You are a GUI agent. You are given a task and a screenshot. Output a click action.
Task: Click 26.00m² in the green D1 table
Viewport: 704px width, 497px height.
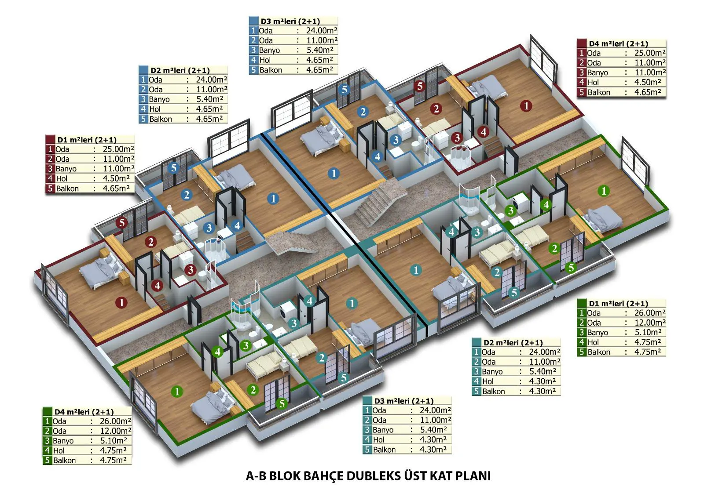click(x=650, y=313)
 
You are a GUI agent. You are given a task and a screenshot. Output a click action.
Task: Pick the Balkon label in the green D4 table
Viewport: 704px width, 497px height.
click(x=64, y=461)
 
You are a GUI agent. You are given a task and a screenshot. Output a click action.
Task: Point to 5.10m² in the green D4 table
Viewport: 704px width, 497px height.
click(x=114, y=441)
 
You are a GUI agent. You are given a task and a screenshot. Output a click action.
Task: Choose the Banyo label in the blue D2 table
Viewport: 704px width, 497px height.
click(x=159, y=99)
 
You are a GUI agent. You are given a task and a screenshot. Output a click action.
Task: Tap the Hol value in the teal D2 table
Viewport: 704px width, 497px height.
click(x=543, y=381)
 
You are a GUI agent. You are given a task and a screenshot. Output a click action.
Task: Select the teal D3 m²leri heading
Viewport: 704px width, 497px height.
click(x=404, y=401)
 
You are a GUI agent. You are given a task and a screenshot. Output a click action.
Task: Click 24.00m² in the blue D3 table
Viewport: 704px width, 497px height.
click(x=322, y=31)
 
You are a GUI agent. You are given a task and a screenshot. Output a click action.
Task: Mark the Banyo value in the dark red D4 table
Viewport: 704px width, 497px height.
click(x=650, y=73)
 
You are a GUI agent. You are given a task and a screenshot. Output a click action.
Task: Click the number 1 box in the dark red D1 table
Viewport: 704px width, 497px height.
click(x=50, y=149)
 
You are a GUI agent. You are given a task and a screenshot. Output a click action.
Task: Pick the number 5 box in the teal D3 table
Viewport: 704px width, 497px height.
click(x=367, y=450)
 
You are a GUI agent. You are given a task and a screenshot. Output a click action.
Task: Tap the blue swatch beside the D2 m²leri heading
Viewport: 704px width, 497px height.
click(x=143, y=70)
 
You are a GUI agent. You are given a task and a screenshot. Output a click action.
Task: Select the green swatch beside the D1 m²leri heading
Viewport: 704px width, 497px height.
click(x=582, y=303)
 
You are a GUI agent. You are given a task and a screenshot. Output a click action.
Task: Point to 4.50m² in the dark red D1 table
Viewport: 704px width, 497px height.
click(x=116, y=179)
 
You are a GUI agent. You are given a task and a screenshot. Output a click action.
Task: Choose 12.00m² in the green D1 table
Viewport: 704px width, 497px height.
click(x=650, y=323)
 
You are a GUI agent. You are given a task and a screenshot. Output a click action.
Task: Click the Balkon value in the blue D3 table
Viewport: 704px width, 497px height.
click(x=319, y=70)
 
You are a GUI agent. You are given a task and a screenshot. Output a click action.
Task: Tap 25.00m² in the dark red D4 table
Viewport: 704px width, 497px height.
click(x=650, y=53)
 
